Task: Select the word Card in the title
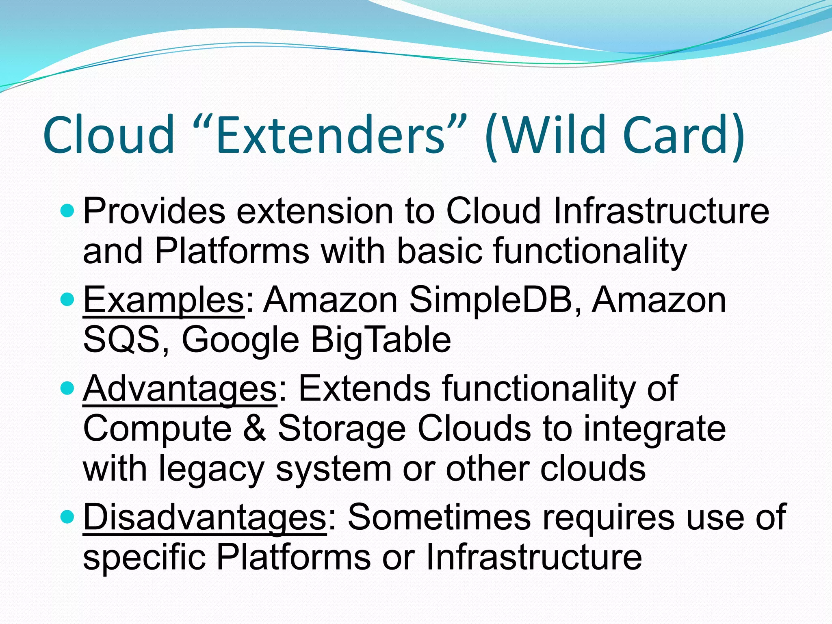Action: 676,135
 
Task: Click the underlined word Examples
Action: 163,301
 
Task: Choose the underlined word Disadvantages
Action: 204,517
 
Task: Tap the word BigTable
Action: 381,340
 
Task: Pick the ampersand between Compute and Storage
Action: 255,429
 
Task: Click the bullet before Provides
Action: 67,211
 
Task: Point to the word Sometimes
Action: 439,517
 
